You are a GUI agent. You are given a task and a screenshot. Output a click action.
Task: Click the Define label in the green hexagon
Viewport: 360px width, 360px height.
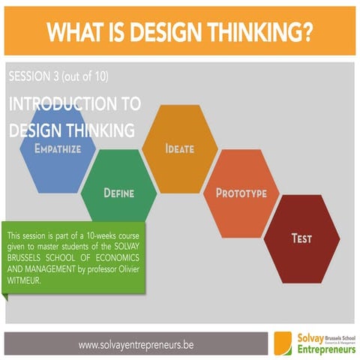click(118, 193)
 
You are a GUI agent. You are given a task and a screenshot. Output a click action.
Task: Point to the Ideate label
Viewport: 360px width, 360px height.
click(180, 148)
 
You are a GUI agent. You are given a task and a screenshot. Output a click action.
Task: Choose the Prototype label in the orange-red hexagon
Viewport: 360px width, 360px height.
click(241, 193)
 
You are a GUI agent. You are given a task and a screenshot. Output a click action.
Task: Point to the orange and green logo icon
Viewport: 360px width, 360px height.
click(283, 343)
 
